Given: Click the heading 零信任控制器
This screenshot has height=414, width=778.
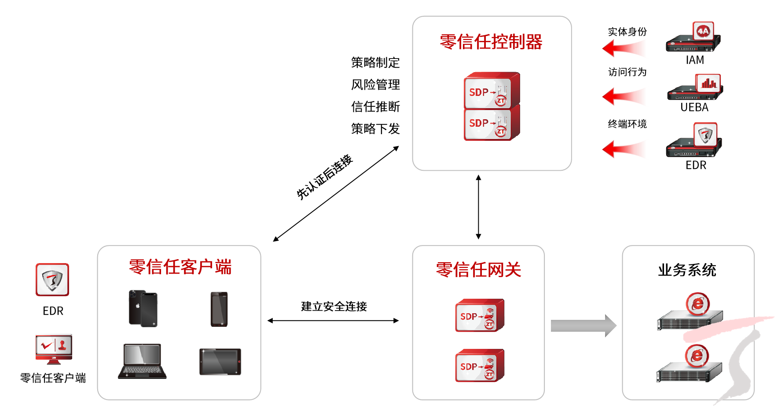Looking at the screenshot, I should tap(491, 42).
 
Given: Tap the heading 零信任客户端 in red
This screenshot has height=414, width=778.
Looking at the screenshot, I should tap(180, 267).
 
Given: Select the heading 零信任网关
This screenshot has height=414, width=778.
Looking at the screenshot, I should tap(478, 270).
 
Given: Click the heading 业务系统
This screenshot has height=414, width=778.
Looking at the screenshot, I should tap(687, 270).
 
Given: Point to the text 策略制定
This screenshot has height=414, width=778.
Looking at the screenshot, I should tap(375, 63).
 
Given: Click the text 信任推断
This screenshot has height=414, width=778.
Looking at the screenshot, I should tap(375, 107).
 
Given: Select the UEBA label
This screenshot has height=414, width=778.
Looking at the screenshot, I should tap(694, 107).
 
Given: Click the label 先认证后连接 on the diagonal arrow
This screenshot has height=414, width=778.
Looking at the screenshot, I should tap(324, 177).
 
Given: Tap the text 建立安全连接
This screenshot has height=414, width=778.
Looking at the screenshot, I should tap(334, 307).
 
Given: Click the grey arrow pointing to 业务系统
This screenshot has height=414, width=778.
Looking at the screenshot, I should tap(583, 326).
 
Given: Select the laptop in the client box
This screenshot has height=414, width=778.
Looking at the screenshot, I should tap(142, 361).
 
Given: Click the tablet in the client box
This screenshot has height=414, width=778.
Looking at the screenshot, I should tap(220, 362).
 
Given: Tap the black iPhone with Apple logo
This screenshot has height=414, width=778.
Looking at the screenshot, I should tap(143, 308).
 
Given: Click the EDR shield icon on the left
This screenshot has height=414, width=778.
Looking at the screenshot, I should tap(52, 280).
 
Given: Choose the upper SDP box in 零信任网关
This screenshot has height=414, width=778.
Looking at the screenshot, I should tap(480, 315).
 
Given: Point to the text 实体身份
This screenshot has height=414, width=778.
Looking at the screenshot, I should tap(627, 32).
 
